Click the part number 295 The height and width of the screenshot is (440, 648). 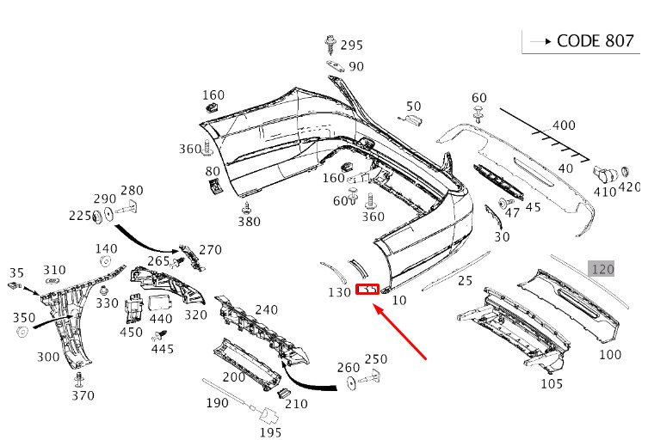click(x=351, y=45)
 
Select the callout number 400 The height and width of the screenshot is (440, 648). click(x=564, y=125)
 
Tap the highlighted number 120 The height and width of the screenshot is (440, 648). click(x=602, y=269)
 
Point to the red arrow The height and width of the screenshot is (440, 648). click(x=404, y=336)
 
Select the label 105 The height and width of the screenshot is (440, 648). click(x=552, y=383)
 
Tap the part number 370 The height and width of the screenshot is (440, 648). click(x=83, y=395)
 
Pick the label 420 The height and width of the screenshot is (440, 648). click(x=630, y=187)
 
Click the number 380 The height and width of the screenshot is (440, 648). click(x=249, y=222)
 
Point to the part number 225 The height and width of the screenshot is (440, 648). click(x=80, y=216)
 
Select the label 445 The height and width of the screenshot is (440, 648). click(x=162, y=348)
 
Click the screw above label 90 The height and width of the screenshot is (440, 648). click(x=330, y=41)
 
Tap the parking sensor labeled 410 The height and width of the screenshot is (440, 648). click(x=605, y=174)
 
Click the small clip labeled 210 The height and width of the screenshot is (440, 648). click(x=281, y=394)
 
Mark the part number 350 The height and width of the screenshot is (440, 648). click(x=24, y=317)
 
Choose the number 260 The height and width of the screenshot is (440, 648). click(x=349, y=368)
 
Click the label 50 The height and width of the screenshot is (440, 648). click(x=414, y=106)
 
